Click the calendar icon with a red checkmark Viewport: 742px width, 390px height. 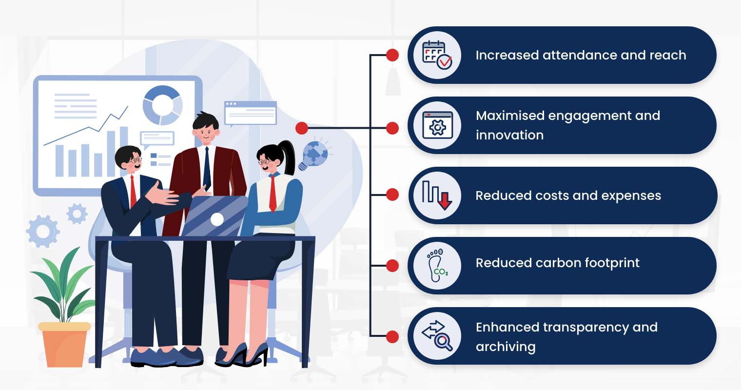tap(437, 55)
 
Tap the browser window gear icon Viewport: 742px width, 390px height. tap(438, 125)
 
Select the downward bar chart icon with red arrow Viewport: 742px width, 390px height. tap(437, 195)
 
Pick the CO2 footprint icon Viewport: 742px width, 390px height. tap(437, 266)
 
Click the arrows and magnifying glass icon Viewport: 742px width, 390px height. tap(437, 336)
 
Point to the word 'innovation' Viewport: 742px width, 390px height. tap(510, 135)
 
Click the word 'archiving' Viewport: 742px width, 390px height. tap(506, 347)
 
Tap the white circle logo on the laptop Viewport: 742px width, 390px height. tap(217, 219)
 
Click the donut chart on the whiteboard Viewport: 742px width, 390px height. tap(162, 105)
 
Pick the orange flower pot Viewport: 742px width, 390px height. tap(64, 345)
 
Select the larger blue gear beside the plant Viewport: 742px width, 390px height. tap(43, 231)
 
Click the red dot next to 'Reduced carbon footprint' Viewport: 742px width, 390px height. tap(392, 266)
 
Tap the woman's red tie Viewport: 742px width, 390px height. tap(273, 194)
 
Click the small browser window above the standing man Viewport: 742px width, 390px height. tap(251, 113)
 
